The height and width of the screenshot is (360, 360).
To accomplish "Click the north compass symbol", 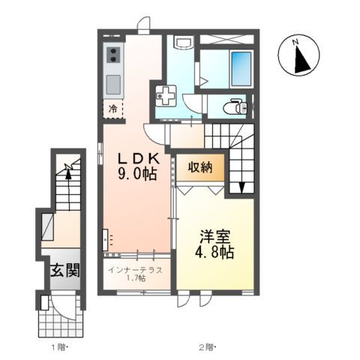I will pos(300,57).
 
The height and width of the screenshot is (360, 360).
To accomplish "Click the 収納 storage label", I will pos(201,166).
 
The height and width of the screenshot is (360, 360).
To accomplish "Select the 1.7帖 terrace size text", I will pos(136,280).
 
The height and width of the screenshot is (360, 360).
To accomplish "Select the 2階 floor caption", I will pos(208,347).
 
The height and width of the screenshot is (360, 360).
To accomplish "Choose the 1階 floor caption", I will pos(59,347).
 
